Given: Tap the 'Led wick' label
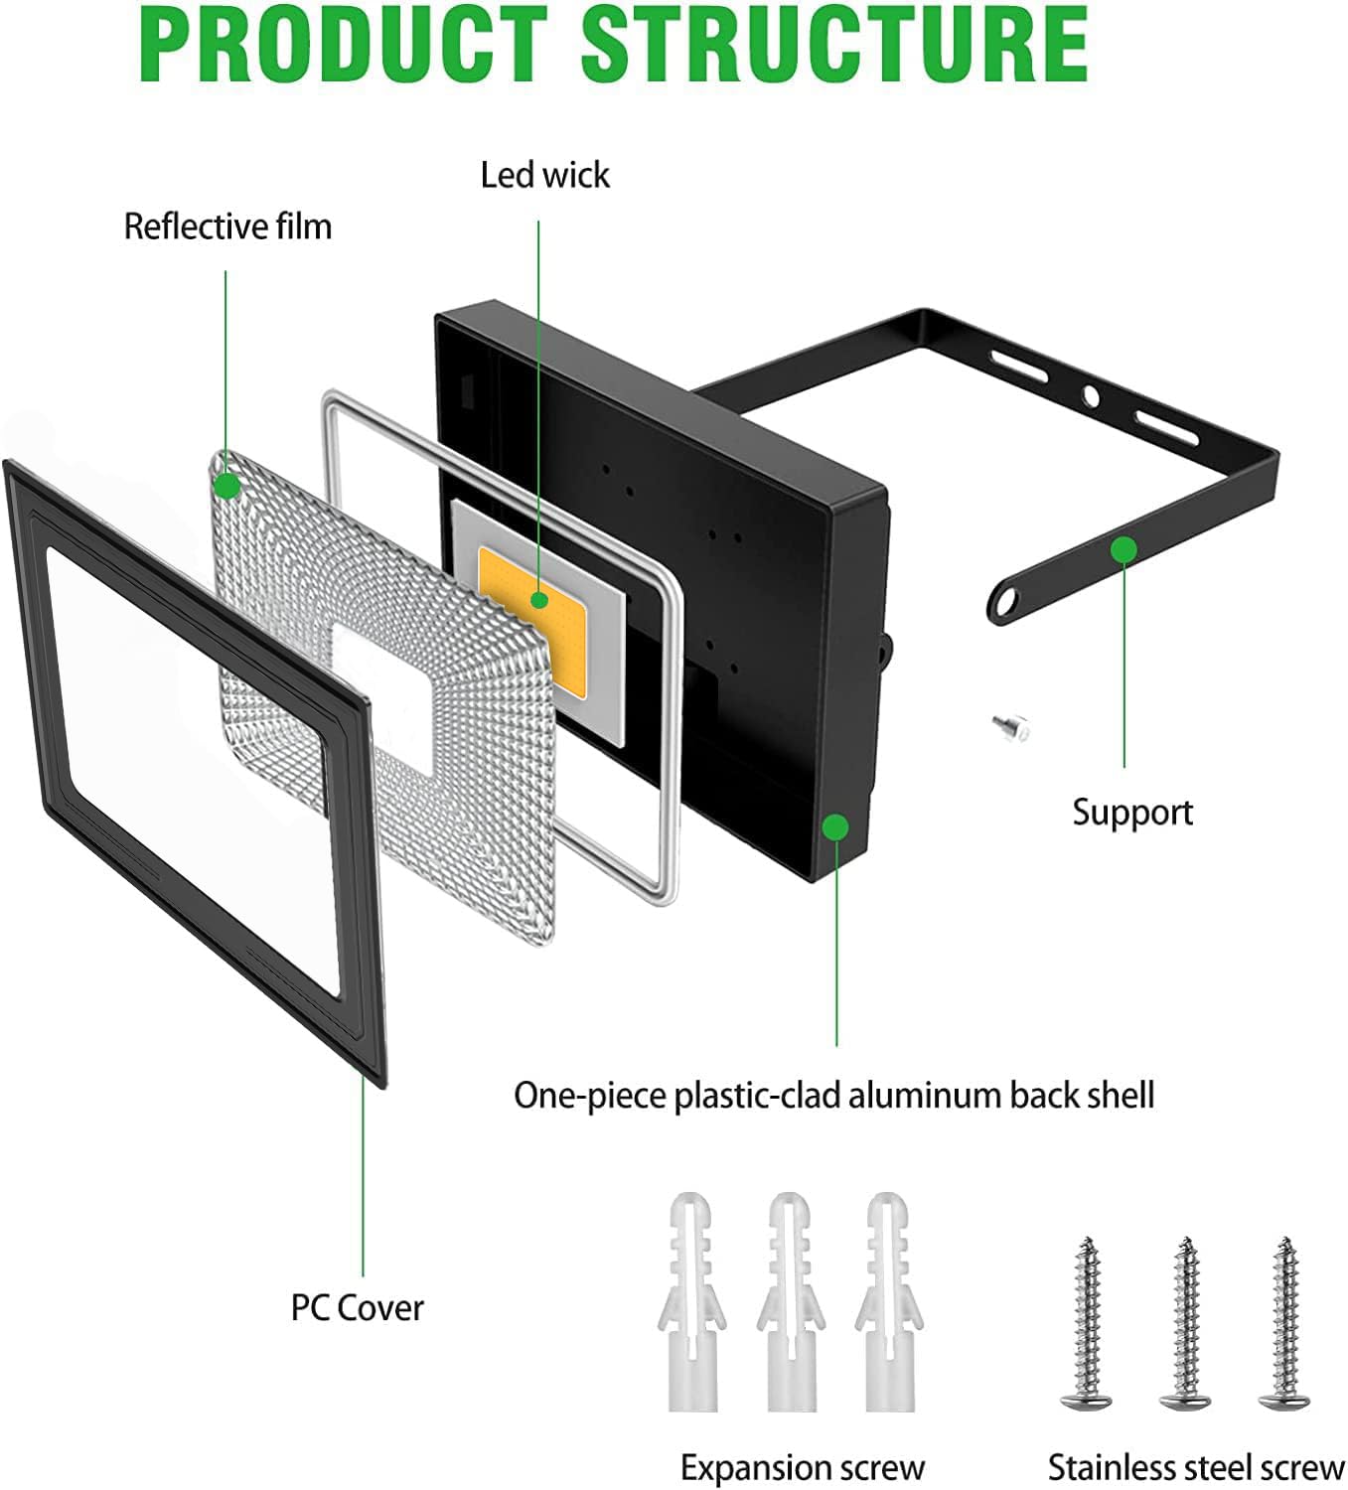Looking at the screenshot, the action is pos(544,175).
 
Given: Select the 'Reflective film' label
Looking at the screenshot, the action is pos(227,226).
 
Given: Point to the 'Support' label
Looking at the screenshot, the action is pos(1132,814).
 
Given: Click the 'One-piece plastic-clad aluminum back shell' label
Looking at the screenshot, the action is pos(833,1096).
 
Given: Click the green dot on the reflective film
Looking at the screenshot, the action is pos(227,487).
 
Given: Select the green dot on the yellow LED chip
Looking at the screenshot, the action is pos(538,600).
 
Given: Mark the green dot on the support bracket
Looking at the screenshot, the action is pos(1123,550).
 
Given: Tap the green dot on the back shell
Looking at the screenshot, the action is pos(836,826).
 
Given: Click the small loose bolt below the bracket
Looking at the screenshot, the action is pos(1012,726).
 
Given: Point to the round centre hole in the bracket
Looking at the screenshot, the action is pos(1090,396).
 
